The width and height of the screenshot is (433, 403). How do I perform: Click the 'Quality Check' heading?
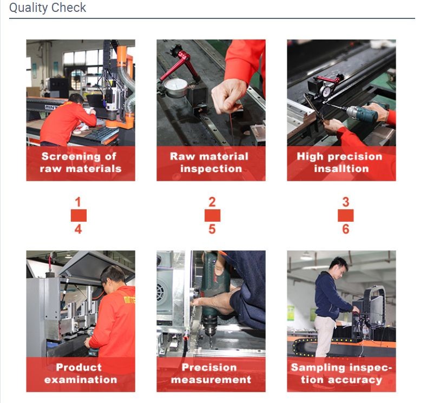[x=48, y=8]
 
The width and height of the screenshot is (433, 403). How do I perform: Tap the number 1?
[x=78, y=202]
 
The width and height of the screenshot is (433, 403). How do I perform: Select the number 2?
[x=212, y=202]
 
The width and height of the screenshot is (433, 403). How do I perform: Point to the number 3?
[x=346, y=202]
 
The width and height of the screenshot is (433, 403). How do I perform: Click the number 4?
[x=78, y=229]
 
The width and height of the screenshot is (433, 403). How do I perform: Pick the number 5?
[x=212, y=229]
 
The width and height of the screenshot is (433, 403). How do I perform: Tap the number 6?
[x=346, y=229]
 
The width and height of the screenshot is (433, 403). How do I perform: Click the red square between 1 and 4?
[x=78, y=216]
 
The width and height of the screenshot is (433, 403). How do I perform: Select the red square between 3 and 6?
[x=346, y=216]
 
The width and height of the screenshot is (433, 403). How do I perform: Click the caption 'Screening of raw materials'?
[x=80, y=163]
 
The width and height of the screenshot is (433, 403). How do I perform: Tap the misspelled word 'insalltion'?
[x=342, y=169]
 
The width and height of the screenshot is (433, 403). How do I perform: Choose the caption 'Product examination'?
[x=80, y=373]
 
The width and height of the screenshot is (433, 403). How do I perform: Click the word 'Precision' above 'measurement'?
[x=209, y=367]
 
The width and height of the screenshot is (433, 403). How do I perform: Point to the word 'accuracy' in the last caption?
[x=355, y=380]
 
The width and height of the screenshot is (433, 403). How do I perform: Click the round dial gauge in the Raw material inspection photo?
[x=176, y=87]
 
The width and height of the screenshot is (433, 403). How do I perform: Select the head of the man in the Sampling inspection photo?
[x=339, y=266]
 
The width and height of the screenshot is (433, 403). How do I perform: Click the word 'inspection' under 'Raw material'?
[x=211, y=169]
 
